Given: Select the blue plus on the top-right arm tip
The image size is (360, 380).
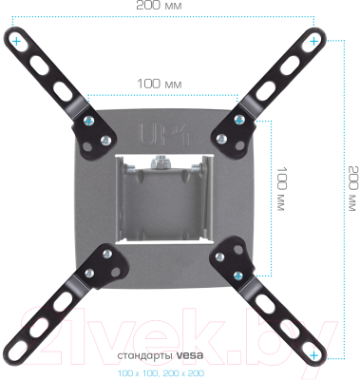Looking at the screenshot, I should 314,41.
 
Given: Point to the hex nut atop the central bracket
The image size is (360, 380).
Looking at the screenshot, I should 162,162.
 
